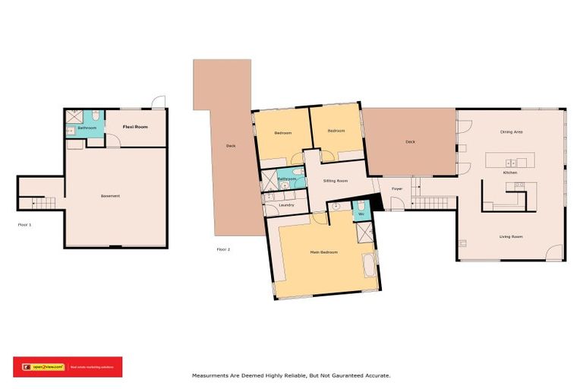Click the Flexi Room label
(x=136, y=127)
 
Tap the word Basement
(x=110, y=196)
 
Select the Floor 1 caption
(x=24, y=224)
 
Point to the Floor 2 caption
(x=223, y=249)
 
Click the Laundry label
(x=286, y=205)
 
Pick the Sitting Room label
(x=336, y=182)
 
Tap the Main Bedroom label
(x=323, y=251)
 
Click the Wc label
(x=361, y=214)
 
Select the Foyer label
(x=396, y=188)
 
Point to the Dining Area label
(x=511, y=132)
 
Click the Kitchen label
(x=511, y=173)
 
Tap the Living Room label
(x=511, y=236)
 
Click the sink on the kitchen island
(x=512, y=162)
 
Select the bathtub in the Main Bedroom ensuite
(x=368, y=267)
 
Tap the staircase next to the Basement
(x=43, y=203)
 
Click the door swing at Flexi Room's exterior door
(x=157, y=103)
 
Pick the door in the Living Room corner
(x=556, y=251)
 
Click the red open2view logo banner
(x=67, y=366)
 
